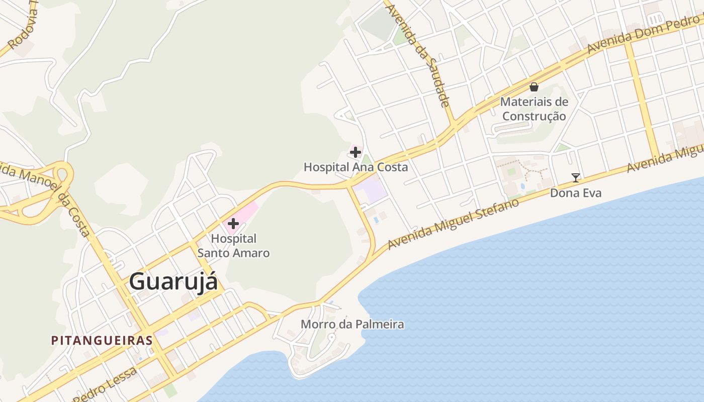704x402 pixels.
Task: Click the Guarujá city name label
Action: coord(173,281)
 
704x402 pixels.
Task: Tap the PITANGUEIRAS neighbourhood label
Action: coord(102,340)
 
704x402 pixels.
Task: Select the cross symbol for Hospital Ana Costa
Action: coord(356,152)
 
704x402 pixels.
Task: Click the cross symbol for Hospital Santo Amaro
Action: coord(233,223)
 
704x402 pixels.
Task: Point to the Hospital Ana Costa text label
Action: coord(356,167)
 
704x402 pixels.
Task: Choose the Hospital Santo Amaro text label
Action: coord(233,246)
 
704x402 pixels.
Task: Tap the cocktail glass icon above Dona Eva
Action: coord(576,177)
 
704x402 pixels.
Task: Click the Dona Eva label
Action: coord(576,193)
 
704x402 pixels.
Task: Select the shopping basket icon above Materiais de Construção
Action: coord(534,87)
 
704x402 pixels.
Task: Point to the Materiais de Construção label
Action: coord(534,109)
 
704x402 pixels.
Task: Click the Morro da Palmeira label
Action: coord(352,324)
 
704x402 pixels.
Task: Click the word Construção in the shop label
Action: coord(534,117)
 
